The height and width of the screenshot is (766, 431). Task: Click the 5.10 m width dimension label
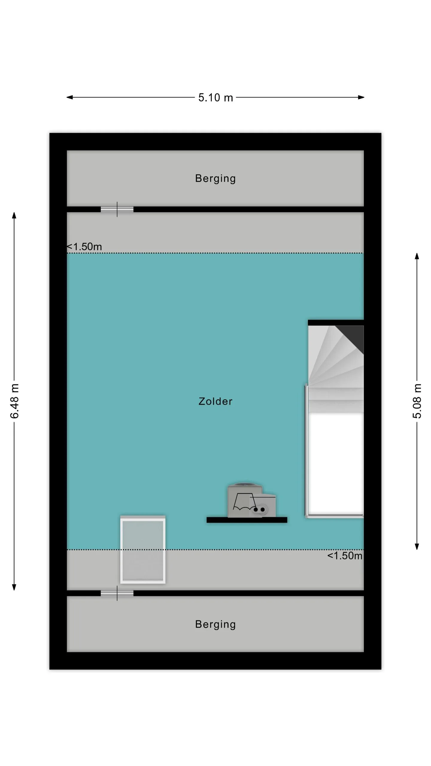[215, 98]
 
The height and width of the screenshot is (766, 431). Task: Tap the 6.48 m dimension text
[14, 401]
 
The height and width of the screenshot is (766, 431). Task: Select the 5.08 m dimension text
[417, 401]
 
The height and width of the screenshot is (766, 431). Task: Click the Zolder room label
[215, 401]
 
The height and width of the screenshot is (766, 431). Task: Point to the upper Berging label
[215, 179]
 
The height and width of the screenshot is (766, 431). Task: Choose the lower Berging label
[215, 624]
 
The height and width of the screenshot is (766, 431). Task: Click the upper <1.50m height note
[84, 247]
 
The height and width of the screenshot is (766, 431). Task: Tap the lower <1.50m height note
[345, 556]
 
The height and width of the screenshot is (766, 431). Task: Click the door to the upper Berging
[117, 209]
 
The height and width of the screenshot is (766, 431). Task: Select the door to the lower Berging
[117, 593]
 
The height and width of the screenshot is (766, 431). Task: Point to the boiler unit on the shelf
[251, 501]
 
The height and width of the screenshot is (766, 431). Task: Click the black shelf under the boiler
[247, 520]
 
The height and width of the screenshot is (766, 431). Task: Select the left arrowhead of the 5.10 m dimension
[69, 97]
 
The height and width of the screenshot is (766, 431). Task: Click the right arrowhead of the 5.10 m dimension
[361, 97]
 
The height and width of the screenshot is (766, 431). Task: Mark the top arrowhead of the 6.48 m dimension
[14, 215]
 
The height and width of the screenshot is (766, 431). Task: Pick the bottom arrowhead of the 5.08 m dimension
[417, 547]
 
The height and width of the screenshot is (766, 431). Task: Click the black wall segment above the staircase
[336, 323]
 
